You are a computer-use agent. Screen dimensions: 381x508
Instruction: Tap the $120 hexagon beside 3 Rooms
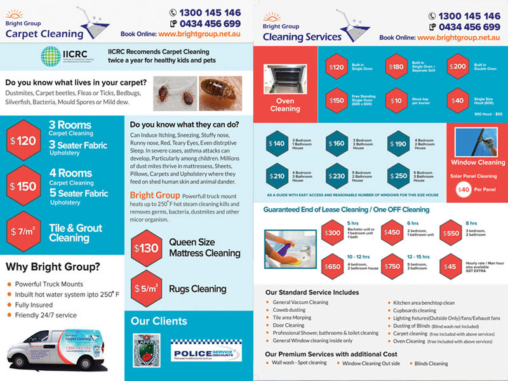pos(22,141)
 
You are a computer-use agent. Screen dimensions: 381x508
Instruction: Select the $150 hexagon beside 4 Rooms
pos(22,187)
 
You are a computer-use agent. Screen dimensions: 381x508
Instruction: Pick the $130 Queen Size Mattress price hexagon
pos(147,248)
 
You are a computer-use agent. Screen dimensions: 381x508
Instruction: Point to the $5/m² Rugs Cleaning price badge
pos(147,289)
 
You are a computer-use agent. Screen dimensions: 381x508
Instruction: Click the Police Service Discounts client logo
pos(203,350)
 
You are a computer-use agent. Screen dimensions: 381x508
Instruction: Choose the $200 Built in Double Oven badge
pos(457,67)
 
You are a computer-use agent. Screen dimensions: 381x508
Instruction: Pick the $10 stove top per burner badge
pos(396,100)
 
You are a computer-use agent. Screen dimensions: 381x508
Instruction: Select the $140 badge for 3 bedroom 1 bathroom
pos(277,144)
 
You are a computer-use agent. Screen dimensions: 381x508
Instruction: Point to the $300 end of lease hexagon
pos(333,232)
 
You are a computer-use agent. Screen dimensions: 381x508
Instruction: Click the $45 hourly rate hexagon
pos(451,266)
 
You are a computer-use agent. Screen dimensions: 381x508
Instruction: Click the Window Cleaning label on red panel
pos(478,163)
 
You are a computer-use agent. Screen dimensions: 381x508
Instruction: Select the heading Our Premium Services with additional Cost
pos(331,354)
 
